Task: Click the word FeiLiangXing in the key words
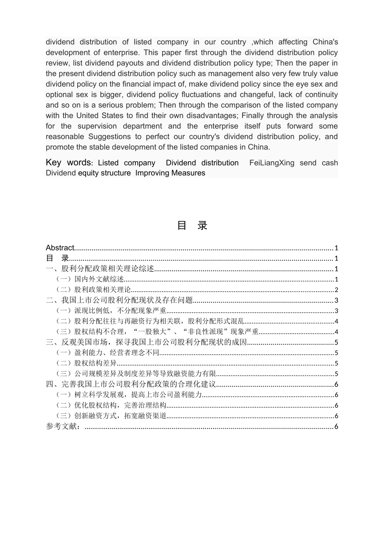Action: point(272,163)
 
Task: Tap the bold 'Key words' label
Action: point(68,162)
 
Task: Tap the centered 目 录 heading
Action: point(192,225)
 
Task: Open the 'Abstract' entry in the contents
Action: point(60,248)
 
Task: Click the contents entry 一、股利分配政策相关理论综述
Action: point(100,269)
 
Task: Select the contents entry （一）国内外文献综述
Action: point(90,279)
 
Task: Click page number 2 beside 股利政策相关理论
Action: point(336,290)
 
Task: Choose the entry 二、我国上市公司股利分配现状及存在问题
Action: point(119,300)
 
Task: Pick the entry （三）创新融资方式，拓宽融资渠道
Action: point(111,416)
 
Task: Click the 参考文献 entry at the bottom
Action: point(63,426)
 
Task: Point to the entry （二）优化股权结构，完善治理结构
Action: point(111,405)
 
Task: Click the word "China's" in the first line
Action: point(325,42)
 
